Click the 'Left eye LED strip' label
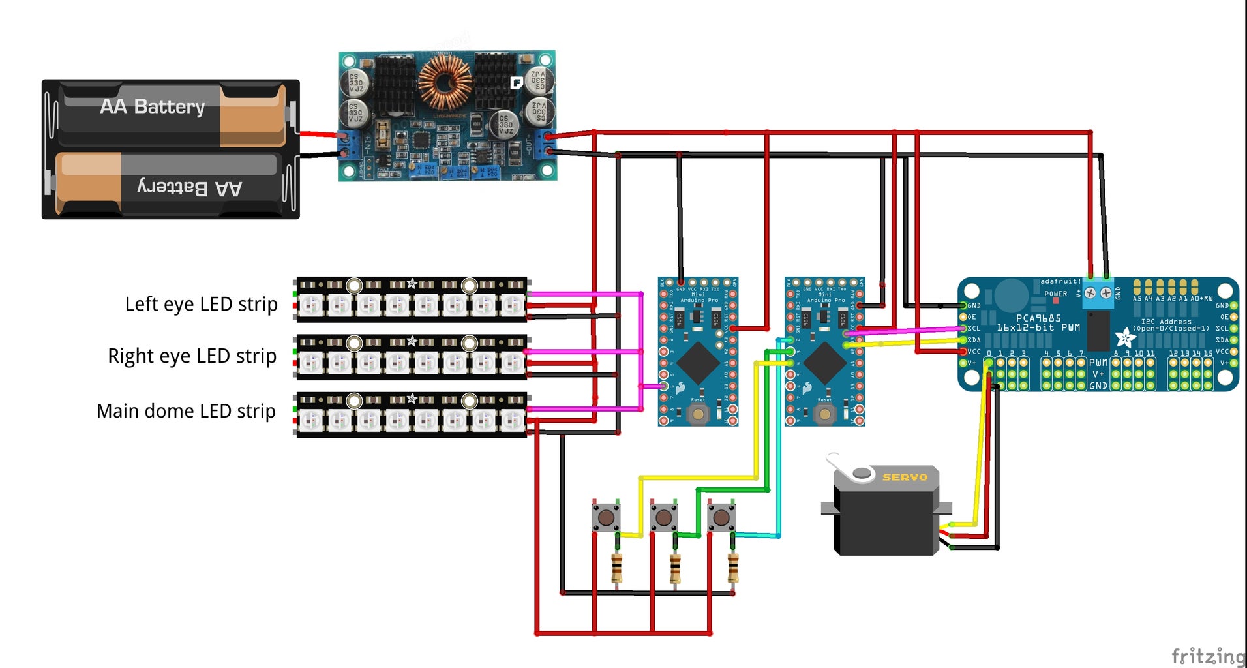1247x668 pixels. (201, 305)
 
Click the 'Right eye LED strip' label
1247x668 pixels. (192, 356)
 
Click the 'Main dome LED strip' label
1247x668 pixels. (186, 411)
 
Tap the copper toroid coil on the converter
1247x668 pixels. (445, 82)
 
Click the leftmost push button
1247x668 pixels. (606, 518)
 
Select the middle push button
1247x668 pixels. (663, 518)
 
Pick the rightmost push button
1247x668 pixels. (721, 518)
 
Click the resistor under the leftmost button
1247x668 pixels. (616, 568)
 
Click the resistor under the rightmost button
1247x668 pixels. (732, 568)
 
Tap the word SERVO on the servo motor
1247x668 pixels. (905, 478)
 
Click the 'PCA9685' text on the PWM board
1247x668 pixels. (1038, 318)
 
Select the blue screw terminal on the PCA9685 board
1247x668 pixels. (1098, 293)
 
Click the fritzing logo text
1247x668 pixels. (1208, 656)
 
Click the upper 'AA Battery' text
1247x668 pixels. (152, 106)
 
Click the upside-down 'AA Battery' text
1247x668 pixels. (190, 188)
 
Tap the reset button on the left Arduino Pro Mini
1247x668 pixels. (699, 414)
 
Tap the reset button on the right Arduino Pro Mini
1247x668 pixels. (825, 414)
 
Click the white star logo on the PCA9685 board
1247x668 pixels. (1124, 338)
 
